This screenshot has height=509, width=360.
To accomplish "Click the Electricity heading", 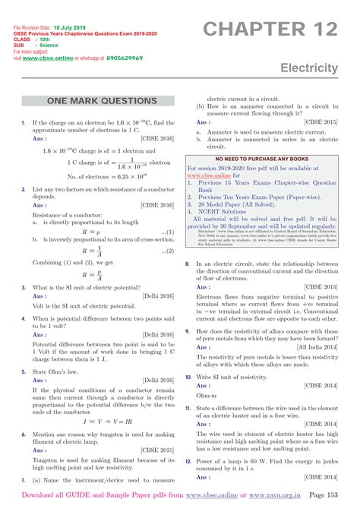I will [x=309, y=68].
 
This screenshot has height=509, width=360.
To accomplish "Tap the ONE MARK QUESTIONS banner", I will [x=102, y=101].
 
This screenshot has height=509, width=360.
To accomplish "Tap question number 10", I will [x=188, y=377].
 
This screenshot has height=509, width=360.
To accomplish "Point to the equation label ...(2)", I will [x=167, y=247].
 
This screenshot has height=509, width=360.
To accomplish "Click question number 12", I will [x=188, y=461].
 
